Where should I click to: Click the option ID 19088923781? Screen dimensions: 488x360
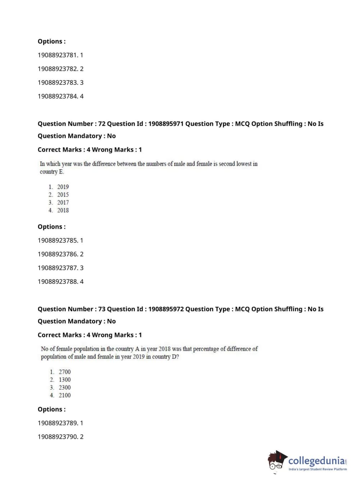(x=58, y=55)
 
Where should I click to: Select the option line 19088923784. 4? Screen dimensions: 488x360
(x=60, y=96)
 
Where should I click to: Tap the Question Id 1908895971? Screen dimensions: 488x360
(x=166, y=123)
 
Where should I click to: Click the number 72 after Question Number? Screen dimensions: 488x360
(x=102, y=123)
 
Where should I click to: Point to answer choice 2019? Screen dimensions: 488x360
(x=63, y=187)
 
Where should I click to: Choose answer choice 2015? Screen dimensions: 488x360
(x=63, y=195)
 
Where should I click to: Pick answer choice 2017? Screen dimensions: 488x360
(x=63, y=203)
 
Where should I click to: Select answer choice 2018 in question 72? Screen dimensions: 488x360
(x=63, y=211)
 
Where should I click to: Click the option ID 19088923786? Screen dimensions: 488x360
(x=58, y=254)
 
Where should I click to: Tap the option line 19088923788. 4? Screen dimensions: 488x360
(x=60, y=281)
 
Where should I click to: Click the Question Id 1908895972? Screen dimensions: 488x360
(x=166, y=309)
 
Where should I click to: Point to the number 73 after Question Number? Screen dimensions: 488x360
(x=102, y=309)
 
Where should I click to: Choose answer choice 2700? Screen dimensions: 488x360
(x=65, y=372)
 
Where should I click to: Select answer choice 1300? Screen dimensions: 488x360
(x=65, y=380)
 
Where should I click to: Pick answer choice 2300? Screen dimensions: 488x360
(x=65, y=388)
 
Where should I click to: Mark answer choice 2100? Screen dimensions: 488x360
(x=65, y=395)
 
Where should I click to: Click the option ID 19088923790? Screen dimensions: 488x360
(x=58, y=437)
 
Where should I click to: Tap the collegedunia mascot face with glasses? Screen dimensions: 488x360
(x=277, y=462)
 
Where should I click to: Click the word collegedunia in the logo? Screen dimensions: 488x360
(x=316, y=461)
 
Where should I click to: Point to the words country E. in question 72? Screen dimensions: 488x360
(x=52, y=172)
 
